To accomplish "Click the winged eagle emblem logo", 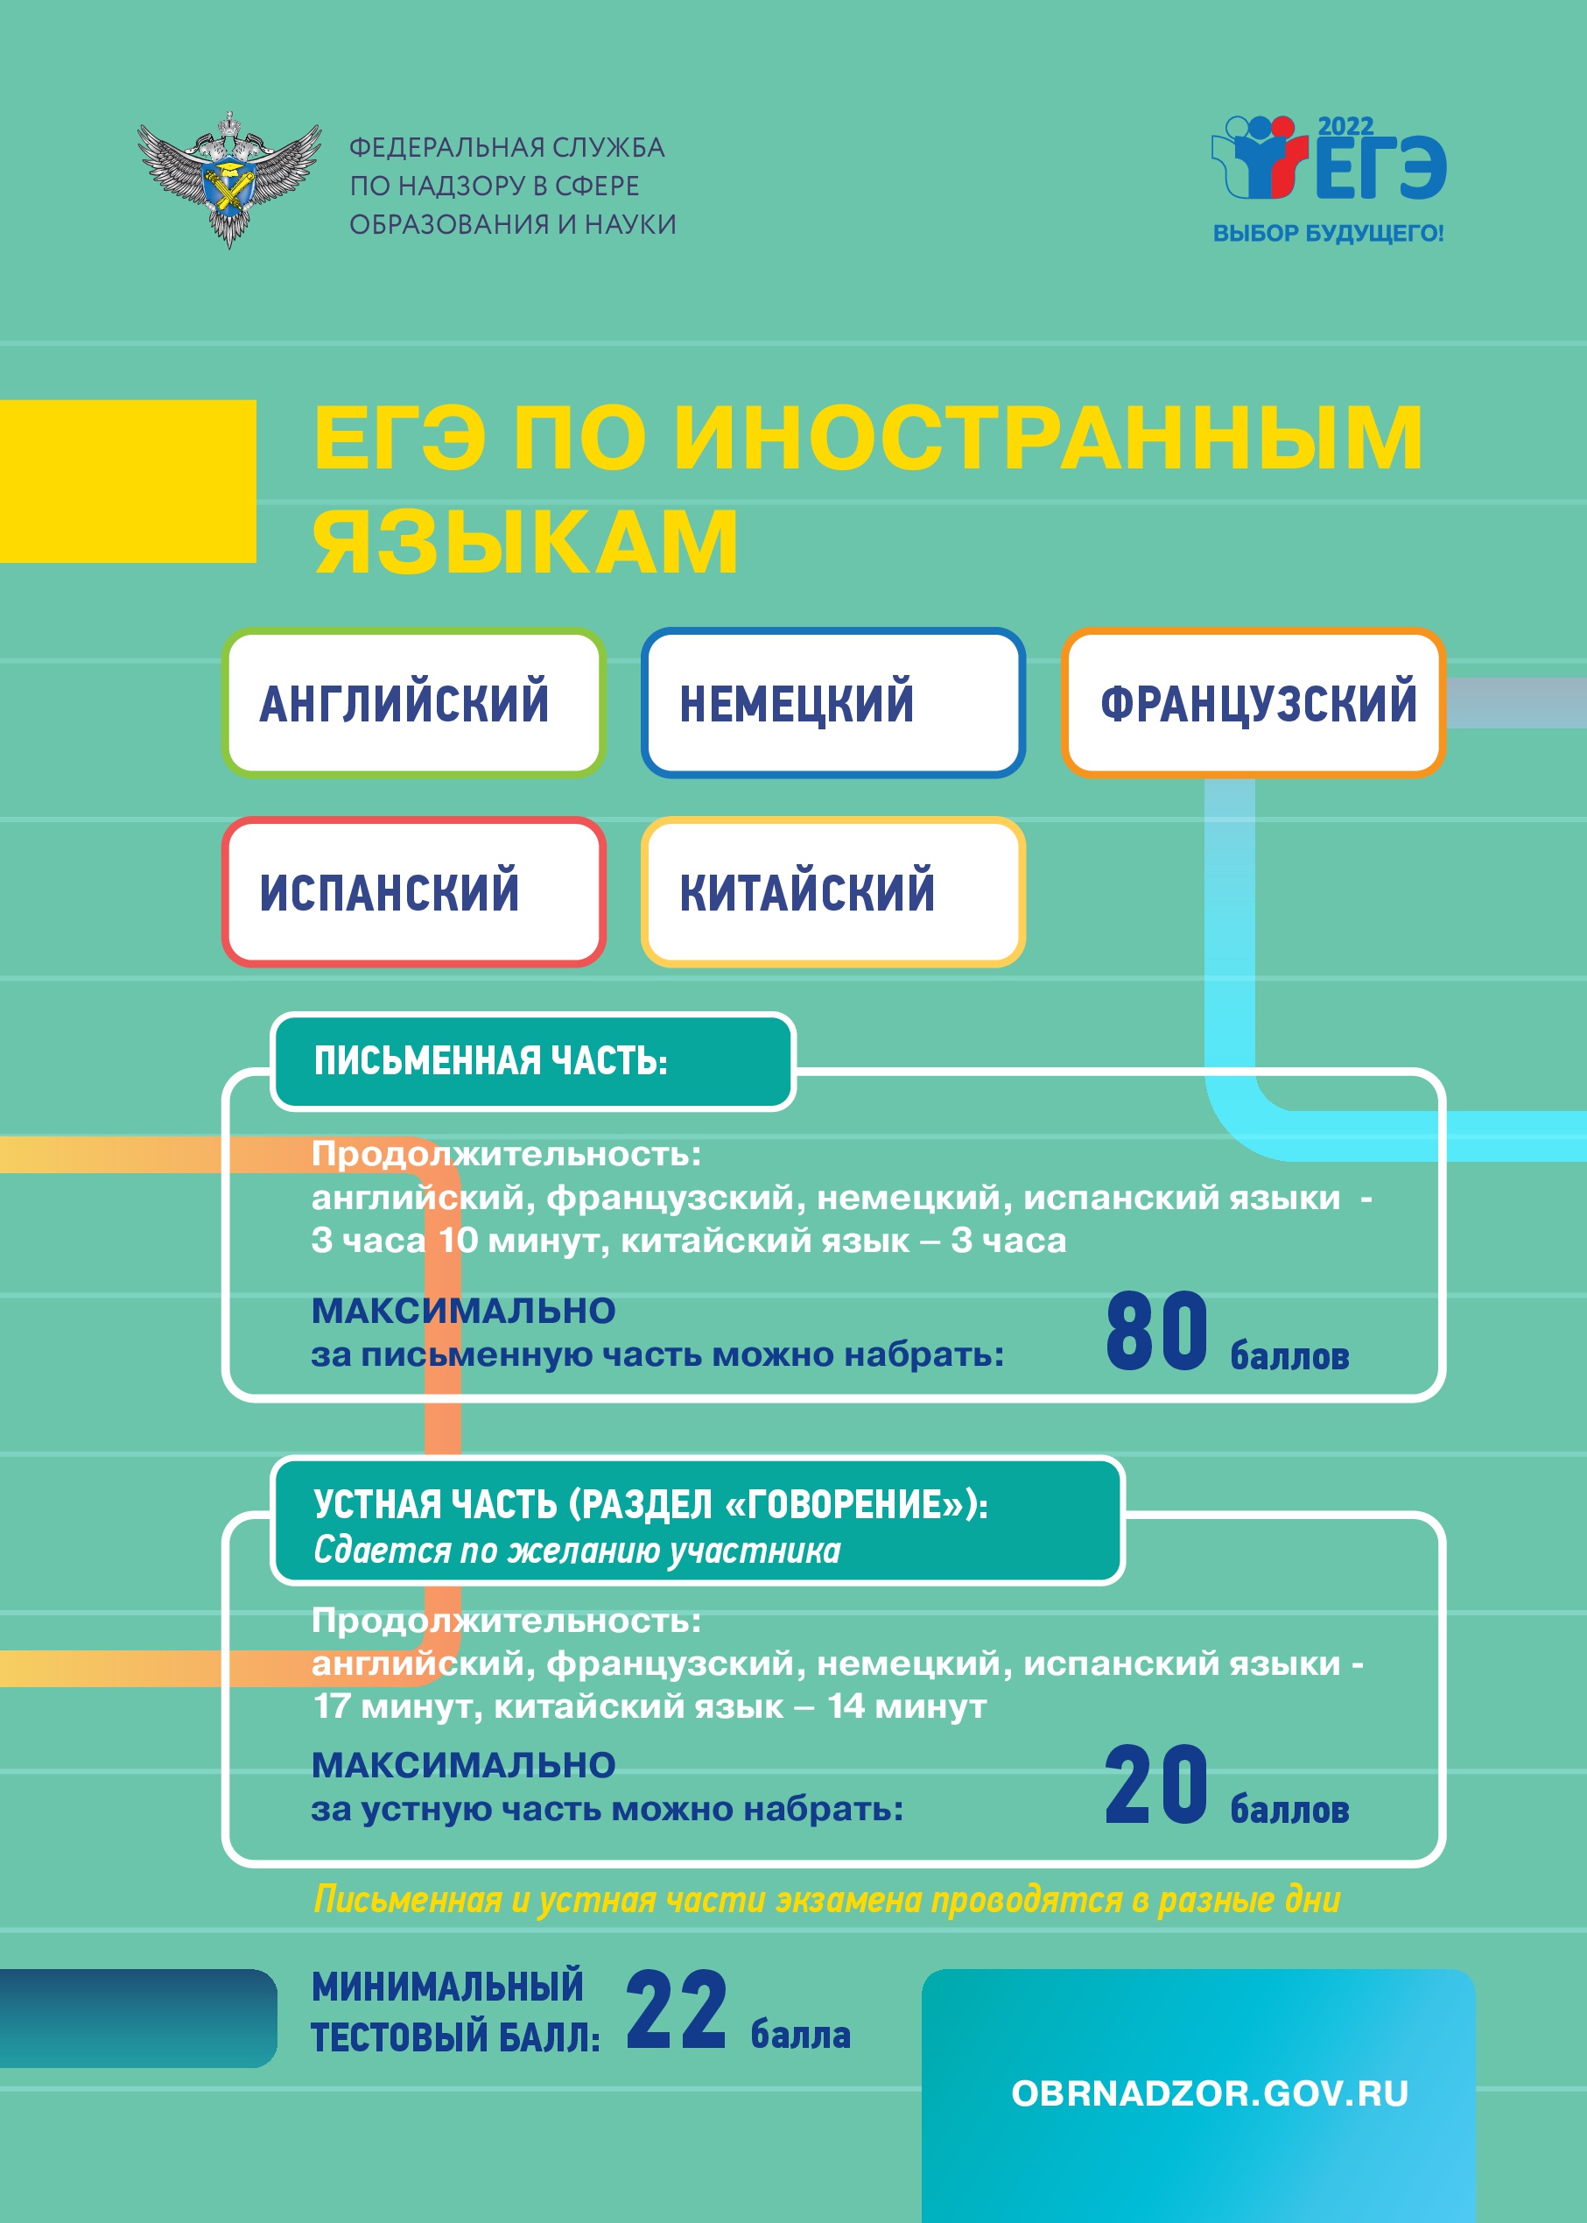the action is tap(229, 179).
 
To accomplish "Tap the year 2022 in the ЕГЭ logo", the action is tap(1345, 127).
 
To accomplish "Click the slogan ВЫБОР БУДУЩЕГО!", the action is tap(1328, 234).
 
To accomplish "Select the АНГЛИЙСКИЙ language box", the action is tap(413, 702).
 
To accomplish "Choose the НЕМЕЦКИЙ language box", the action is tap(832, 702).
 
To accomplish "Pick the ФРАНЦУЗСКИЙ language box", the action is tap(1253, 702).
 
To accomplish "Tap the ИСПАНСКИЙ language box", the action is tap(413, 891).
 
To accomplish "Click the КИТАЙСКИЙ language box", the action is tap(832, 891).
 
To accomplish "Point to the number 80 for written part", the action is tap(1156, 1330).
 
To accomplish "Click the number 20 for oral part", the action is tap(1156, 1784).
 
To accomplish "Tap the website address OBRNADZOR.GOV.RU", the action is tap(1210, 2094).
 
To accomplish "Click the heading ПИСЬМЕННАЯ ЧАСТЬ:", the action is tap(490, 1061).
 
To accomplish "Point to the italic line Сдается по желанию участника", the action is tap(577, 1551).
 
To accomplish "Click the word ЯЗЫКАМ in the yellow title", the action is tap(524, 541).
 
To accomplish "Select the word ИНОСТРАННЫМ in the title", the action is tap(1048, 437).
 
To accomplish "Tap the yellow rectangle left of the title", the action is tap(128, 481).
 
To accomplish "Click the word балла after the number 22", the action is tap(800, 2035).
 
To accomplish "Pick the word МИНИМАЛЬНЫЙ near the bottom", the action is tap(447, 1987).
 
